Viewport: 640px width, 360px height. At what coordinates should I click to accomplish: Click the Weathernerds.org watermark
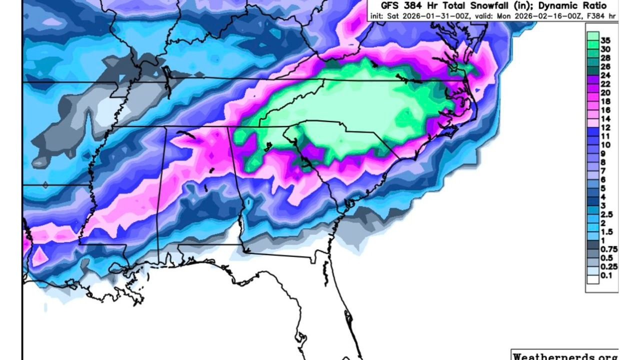click(564, 356)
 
